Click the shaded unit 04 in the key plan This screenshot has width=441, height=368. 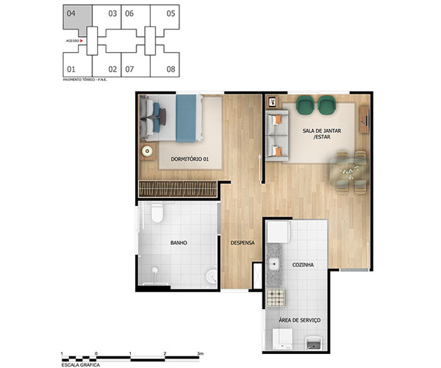(x=76, y=15)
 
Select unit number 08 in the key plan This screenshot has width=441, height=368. (x=171, y=69)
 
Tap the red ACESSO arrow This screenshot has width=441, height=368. (x=82, y=41)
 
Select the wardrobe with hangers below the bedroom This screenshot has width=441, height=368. (x=179, y=188)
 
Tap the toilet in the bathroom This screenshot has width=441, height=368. (x=155, y=215)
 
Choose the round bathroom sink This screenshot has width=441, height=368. (x=211, y=277)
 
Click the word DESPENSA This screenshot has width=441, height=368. (x=242, y=242)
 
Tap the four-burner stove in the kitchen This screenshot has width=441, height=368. (x=276, y=297)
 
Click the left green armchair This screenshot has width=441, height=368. (x=305, y=107)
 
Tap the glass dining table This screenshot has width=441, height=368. (x=347, y=170)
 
